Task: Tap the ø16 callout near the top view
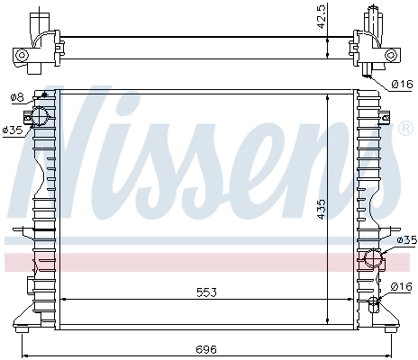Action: (402, 85)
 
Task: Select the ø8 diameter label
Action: (16, 97)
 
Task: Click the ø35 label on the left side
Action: (13, 130)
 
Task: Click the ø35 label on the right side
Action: (406, 240)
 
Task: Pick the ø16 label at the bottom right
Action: (402, 286)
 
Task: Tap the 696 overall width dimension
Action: (206, 348)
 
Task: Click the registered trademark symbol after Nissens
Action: (406, 130)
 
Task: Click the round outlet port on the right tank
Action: (372, 260)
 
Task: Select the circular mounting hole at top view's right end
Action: (391, 56)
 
